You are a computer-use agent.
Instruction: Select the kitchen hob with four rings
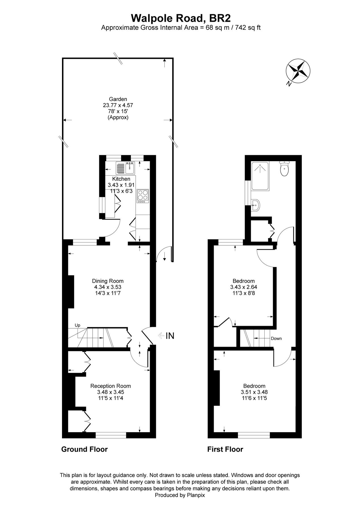143,195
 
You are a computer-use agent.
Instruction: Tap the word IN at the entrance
170,336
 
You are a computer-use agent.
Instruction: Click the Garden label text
118,99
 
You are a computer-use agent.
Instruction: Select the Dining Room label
108,281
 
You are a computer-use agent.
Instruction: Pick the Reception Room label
111,386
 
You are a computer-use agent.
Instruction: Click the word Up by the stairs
78,325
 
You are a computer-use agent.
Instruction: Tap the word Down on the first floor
276,338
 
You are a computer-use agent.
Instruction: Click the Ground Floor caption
84,449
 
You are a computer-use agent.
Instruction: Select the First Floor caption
225,449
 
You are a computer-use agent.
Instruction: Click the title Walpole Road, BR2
181,18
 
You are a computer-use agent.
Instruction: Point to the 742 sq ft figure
250,28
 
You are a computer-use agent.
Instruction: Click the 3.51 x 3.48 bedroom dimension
254,392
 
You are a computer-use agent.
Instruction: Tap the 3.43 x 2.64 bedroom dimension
244,287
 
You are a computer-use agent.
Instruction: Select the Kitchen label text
121,179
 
